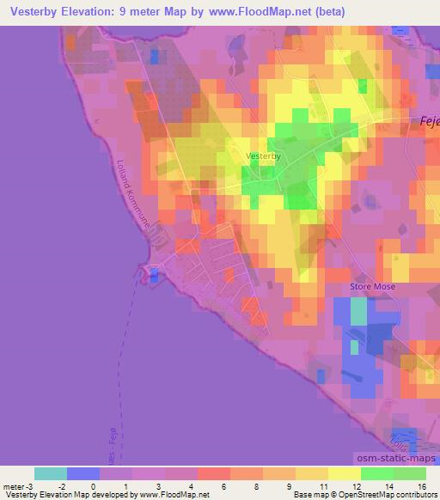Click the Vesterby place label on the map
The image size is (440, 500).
(263, 155)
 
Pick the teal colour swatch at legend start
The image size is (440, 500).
(51, 473)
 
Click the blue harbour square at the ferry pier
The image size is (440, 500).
(154, 274)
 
